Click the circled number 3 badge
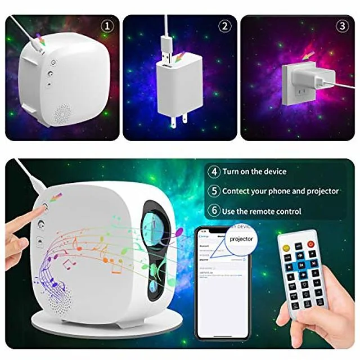(341, 26)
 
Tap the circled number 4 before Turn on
(214, 172)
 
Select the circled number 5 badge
(214, 191)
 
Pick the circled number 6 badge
(214, 211)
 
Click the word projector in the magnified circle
(241, 238)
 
